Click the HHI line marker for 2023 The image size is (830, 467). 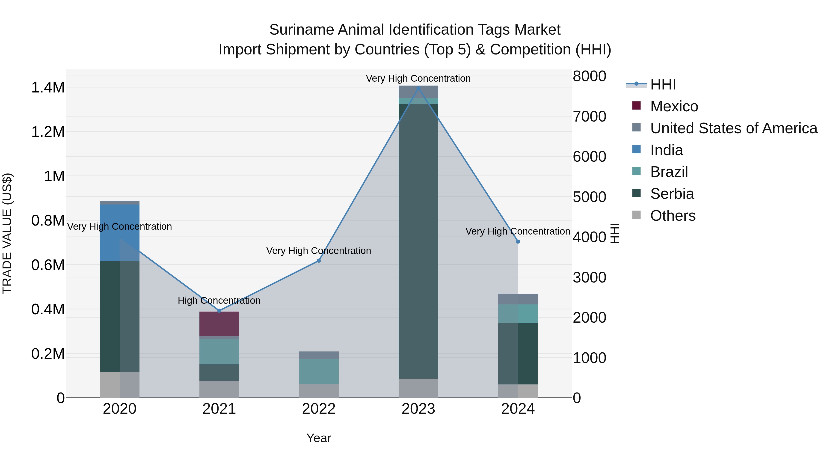coord(418,88)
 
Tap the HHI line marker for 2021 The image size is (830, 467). coord(219,311)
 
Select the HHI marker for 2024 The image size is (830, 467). coord(518,241)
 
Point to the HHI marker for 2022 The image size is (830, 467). coord(319,260)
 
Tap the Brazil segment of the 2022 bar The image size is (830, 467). coord(319,371)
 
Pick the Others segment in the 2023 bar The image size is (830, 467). coord(418,388)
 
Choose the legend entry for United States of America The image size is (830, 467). coord(733,128)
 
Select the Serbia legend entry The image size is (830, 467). coord(672,194)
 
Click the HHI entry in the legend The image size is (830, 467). coord(663,84)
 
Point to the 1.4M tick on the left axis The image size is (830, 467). coord(48,88)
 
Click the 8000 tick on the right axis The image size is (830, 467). coord(589,76)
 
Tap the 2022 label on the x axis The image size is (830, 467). coord(319,409)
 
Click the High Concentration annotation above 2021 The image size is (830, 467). coord(219,300)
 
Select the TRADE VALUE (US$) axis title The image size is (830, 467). coord(7,233)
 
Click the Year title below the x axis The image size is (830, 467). coord(319,438)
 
